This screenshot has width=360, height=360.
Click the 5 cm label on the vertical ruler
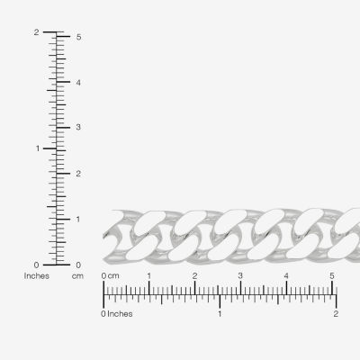click(78, 37)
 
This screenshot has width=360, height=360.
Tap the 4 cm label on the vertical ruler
click(78, 83)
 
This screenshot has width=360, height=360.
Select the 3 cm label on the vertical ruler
click(78, 127)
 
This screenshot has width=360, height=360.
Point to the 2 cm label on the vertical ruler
click(78, 174)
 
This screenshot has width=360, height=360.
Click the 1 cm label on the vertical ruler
click(78, 220)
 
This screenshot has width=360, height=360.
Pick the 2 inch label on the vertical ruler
click(36, 32)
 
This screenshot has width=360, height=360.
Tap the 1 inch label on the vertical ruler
click(38, 148)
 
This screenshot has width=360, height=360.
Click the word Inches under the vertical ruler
click(37, 276)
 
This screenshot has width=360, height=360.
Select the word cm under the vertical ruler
click(77, 276)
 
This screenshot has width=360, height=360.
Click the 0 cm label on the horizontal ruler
click(110, 275)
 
